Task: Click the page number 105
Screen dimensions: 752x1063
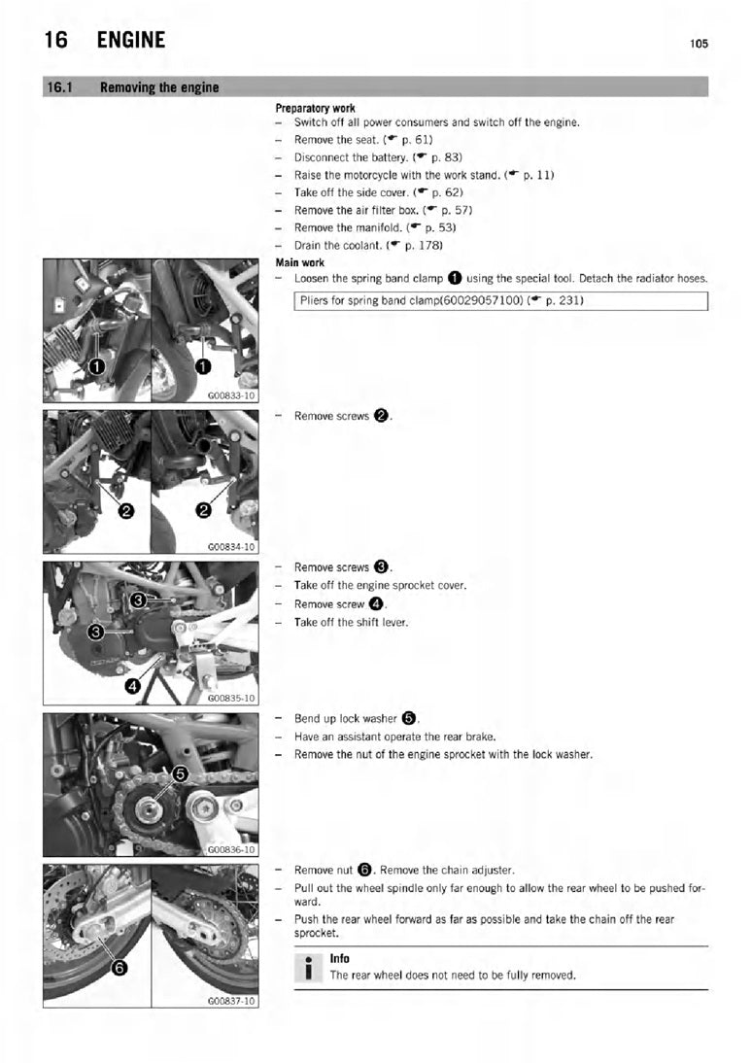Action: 699,44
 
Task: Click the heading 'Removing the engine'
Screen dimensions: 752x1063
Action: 159,87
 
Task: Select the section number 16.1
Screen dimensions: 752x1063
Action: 59,87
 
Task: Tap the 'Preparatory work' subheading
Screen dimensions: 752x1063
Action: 316,108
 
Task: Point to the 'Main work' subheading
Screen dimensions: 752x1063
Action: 299,262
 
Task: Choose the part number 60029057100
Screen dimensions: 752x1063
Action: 481,300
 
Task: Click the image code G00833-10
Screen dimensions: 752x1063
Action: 231,395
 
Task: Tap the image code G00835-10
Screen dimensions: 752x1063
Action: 231,699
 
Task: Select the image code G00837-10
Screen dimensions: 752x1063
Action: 231,1001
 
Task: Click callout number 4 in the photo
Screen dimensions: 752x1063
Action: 133,686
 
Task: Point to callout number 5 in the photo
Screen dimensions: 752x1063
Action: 180,773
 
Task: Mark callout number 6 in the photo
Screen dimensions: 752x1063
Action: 119,968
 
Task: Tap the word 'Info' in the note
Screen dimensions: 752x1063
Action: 340,959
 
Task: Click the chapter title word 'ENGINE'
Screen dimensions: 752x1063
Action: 131,40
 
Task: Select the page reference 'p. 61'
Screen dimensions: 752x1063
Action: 415,140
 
